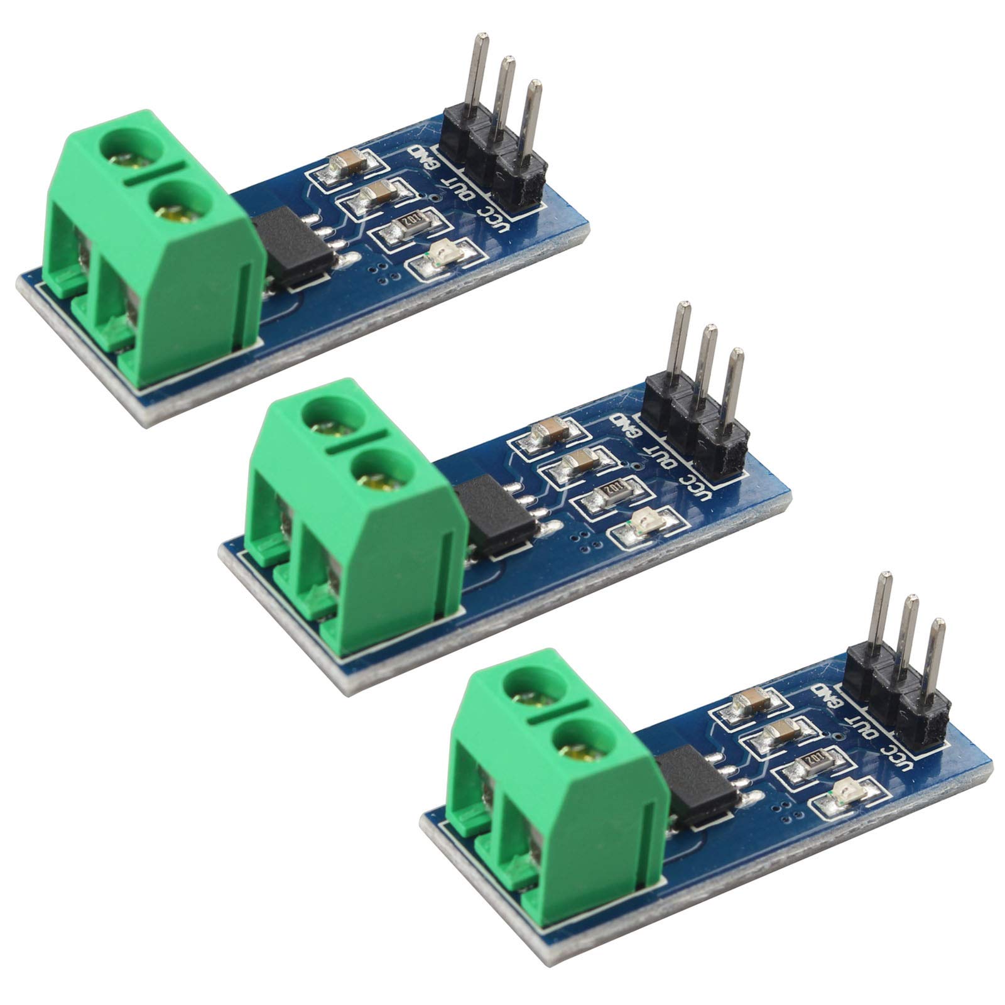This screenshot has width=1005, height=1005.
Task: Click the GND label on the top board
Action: [418, 160]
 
